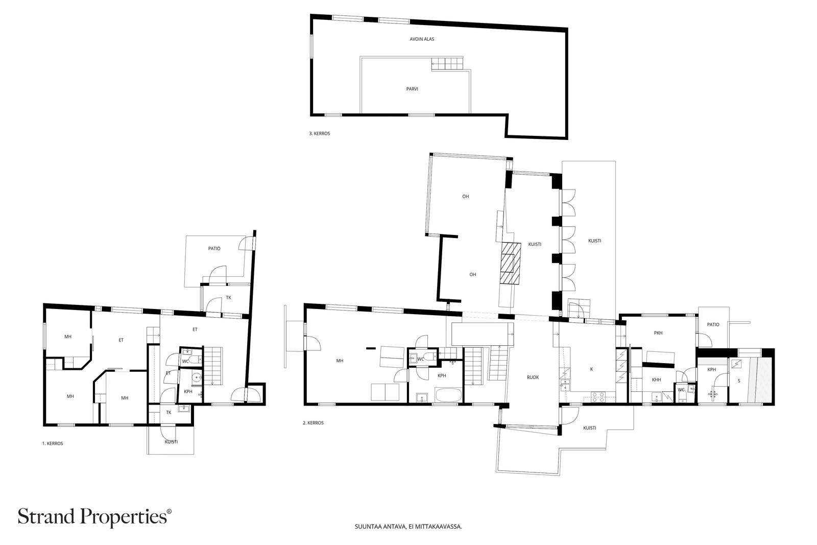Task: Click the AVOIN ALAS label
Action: click(x=422, y=39)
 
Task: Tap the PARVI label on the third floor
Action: click(x=412, y=89)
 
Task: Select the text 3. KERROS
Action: click(x=320, y=133)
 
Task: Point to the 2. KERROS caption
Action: click(x=313, y=423)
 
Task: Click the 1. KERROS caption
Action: click(x=53, y=443)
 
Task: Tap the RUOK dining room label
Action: click(x=533, y=377)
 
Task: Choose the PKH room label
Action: click(x=658, y=333)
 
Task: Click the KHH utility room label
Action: click(x=656, y=380)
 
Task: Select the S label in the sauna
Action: click(x=739, y=381)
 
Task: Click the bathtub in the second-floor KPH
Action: click(x=448, y=395)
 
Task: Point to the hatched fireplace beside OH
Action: click(x=510, y=264)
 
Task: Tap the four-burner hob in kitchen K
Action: click(x=598, y=397)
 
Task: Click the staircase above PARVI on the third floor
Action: click(x=447, y=64)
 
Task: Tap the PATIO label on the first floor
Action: click(x=214, y=248)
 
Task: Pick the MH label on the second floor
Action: click(x=340, y=361)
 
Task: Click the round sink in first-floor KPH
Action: click(x=197, y=377)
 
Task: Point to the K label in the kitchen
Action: click(x=591, y=369)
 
